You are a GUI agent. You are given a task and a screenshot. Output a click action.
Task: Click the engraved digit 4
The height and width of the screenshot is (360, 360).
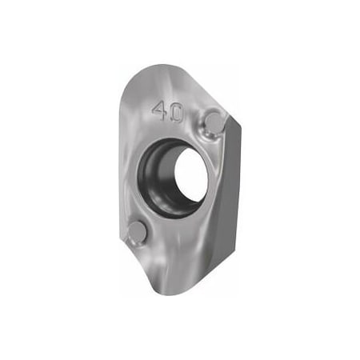pos(159,111)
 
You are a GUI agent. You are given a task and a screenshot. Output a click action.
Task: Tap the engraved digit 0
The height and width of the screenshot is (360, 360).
pos(176,113)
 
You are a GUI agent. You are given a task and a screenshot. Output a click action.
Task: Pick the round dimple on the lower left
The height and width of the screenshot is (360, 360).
pos(138,232)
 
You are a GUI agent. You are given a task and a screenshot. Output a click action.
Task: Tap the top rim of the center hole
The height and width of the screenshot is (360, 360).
pos(180,142)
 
